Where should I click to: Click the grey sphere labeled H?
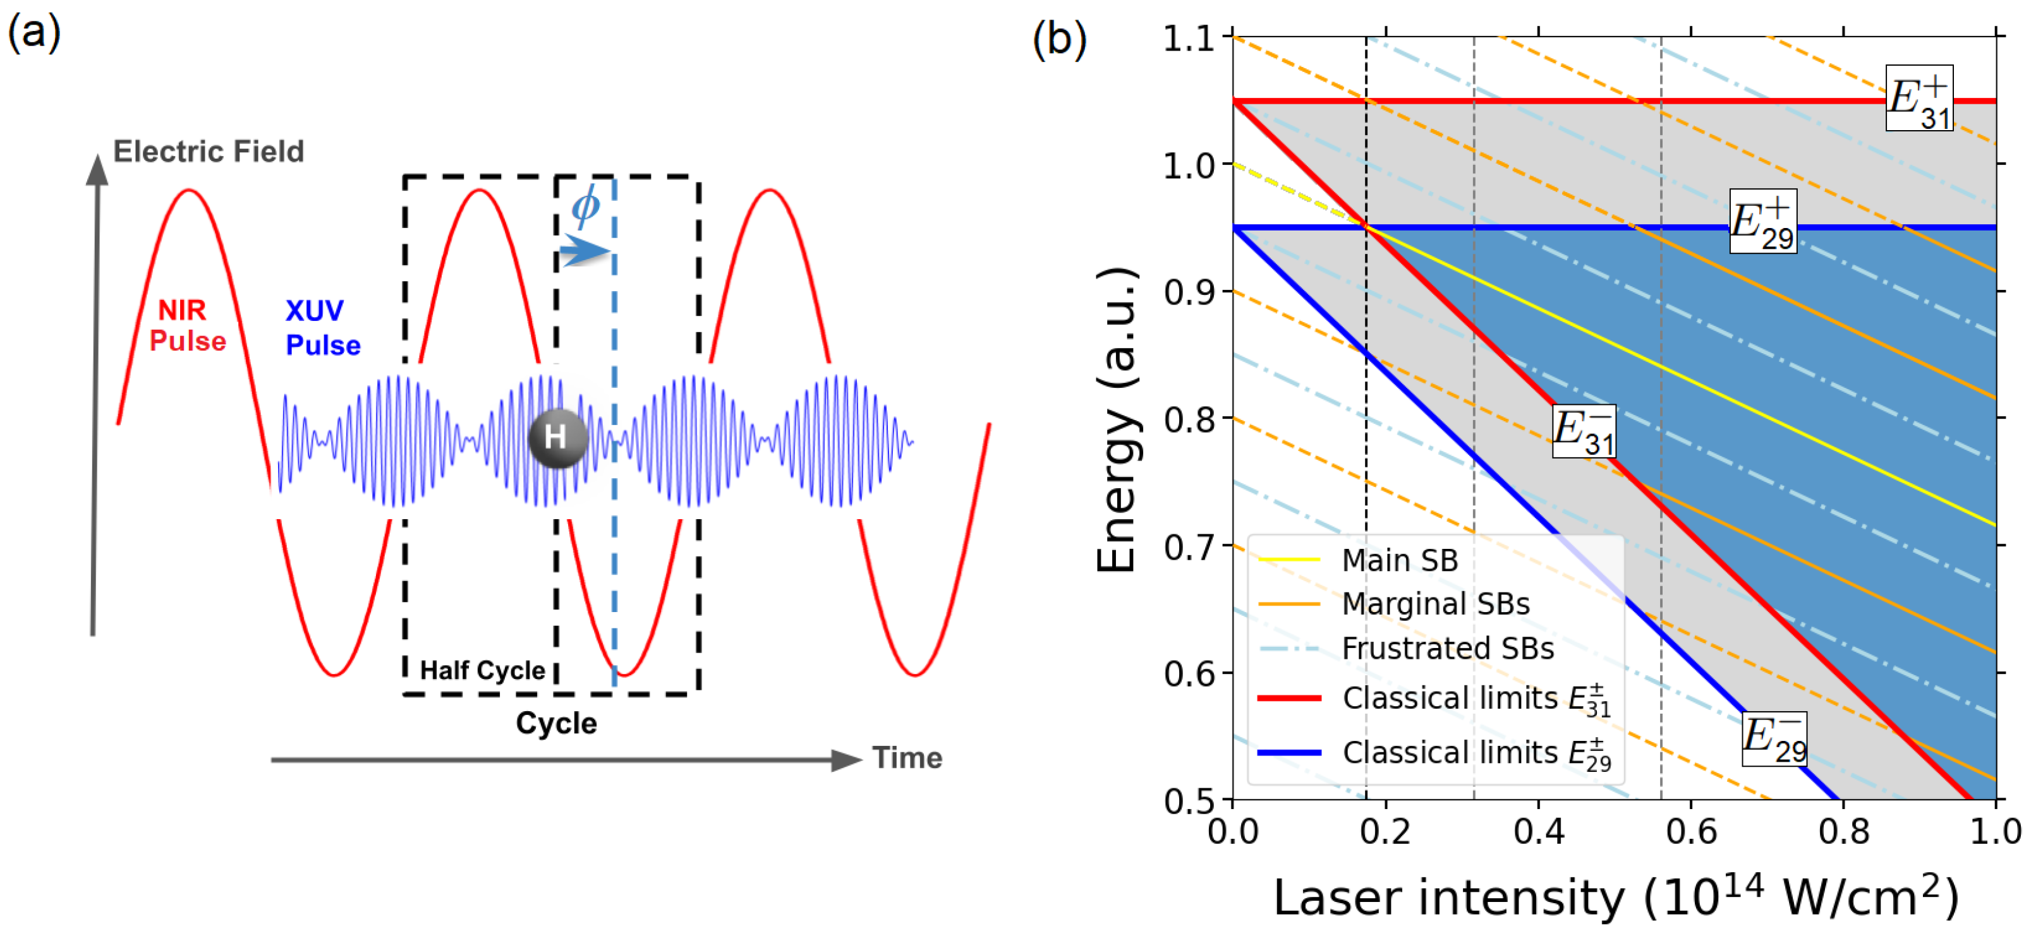pos(557,438)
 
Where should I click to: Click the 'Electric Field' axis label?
pos(208,152)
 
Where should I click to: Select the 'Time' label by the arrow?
pos(907,759)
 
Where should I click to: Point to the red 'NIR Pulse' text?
pos(187,325)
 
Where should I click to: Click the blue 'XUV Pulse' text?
pos(322,328)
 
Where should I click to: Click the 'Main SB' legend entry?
pos(1400,560)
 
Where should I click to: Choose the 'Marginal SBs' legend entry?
pos(1435,604)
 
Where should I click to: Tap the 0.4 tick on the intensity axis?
pos(1538,832)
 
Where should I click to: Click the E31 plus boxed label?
pos(1919,99)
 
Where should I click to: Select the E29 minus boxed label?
pos(1774,738)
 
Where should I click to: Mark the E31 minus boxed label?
pos(1583,431)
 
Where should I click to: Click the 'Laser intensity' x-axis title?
pos(1615,897)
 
